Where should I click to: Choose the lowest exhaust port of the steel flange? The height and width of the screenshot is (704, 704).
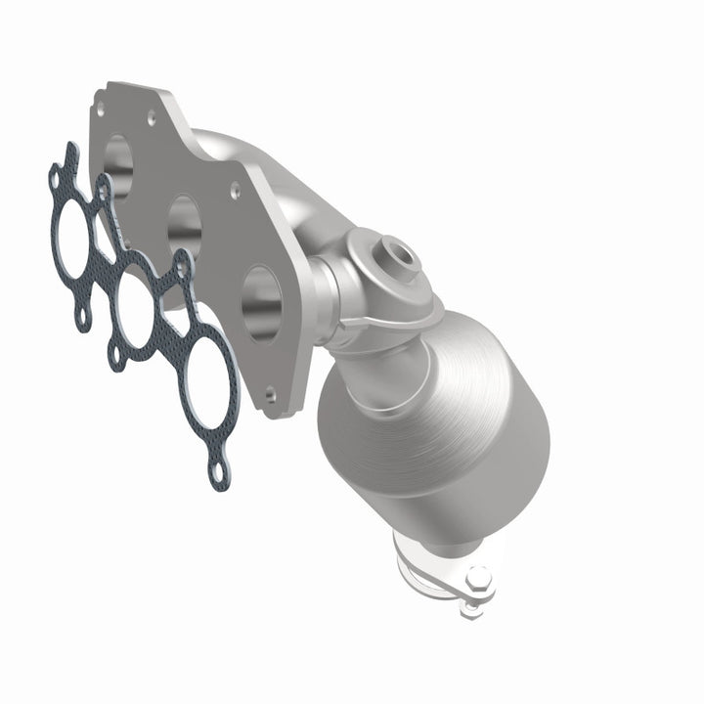click(260, 303)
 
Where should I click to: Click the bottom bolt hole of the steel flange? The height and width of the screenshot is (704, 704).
click(270, 394)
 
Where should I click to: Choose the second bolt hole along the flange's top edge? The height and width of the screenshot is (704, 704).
click(153, 117)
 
